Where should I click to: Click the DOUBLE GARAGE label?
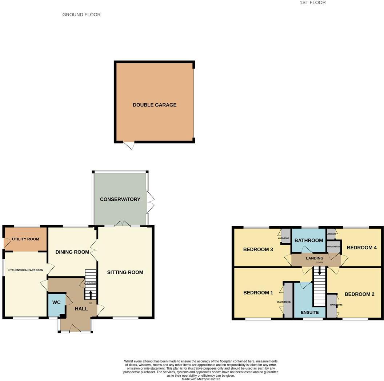155,105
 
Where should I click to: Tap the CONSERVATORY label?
120,199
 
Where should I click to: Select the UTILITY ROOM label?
25,239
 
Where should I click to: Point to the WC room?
56,302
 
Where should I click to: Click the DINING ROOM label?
72,252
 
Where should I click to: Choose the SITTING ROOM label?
125,272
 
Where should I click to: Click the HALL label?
81,309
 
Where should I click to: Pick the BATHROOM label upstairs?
309,240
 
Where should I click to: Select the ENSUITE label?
310,312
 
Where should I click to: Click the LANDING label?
315,258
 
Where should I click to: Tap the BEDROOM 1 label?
258,292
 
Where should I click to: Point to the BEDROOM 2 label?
360,294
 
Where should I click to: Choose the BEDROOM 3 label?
258,249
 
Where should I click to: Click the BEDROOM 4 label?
362,248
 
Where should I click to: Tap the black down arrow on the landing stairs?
320,271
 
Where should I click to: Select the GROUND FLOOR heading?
81,15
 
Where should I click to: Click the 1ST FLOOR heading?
313,3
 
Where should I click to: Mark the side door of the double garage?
129,145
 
